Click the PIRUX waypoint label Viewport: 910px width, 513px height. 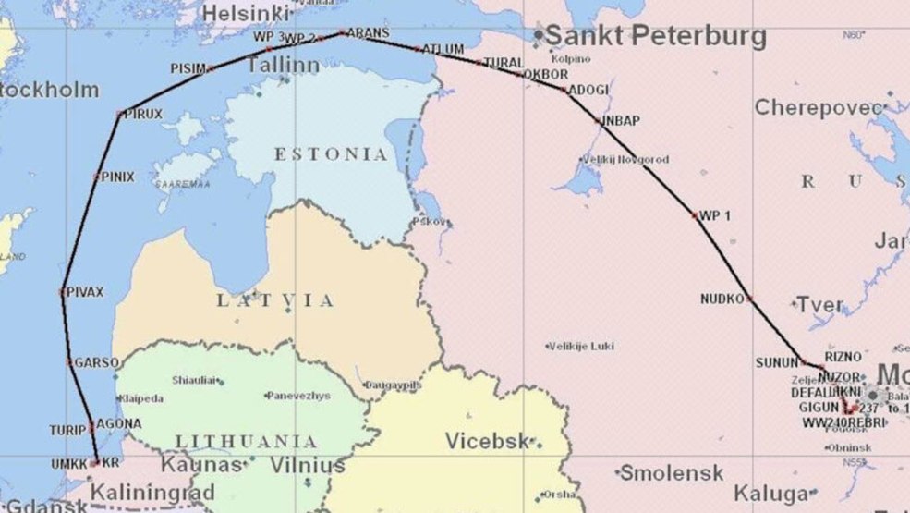143,114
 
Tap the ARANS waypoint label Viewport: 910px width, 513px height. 368,32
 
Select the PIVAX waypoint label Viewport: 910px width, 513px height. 85,292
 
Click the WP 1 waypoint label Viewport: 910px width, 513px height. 715,215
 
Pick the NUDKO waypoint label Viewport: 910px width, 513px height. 722,299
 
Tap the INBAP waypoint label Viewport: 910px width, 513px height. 621,120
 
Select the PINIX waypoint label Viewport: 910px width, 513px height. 118,176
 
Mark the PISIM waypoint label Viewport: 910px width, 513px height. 188,68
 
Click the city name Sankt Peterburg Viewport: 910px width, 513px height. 655,36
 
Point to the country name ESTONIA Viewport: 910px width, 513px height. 331,154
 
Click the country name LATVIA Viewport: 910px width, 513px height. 275,300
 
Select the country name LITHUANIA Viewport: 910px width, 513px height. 247,441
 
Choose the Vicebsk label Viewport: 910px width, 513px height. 489,441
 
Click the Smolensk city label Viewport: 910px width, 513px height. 672,473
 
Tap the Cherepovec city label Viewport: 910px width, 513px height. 819,107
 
